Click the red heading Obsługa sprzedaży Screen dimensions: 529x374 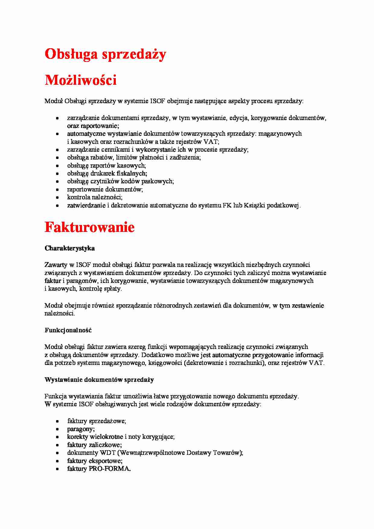click(x=105, y=55)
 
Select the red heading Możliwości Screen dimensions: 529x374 click(x=81, y=80)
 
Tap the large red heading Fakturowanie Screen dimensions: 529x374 click(x=90, y=227)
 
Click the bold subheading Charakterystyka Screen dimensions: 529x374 click(x=70, y=248)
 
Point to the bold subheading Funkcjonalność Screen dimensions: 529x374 click(x=68, y=330)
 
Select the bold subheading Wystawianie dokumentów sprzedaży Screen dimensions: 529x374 click(x=99, y=380)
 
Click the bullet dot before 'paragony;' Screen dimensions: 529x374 click(x=57, y=429)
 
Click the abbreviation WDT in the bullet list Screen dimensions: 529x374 click(x=108, y=453)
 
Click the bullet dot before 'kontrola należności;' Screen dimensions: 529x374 click(x=57, y=198)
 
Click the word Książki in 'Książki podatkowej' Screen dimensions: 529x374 click(x=254, y=206)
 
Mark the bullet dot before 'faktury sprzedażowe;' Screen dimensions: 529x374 click(x=57, y=421)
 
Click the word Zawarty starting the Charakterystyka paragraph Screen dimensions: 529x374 click(x=56, y=265)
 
